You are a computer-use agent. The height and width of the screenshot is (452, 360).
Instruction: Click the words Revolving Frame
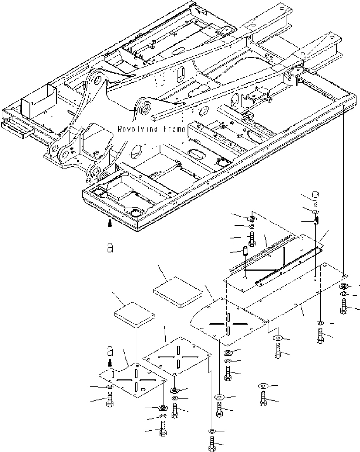point(151,129)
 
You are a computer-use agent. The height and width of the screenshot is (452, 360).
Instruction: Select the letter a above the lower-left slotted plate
point(110,351)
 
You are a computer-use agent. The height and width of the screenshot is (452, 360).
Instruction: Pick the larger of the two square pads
point(179,291)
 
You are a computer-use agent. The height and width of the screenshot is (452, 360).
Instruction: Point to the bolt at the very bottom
point(212,444)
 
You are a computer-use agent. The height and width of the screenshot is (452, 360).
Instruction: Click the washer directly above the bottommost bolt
point(212,431)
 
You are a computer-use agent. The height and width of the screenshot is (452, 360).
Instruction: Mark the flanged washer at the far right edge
point(344,287)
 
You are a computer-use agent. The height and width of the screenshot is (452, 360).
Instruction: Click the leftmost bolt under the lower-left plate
point(109,399)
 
